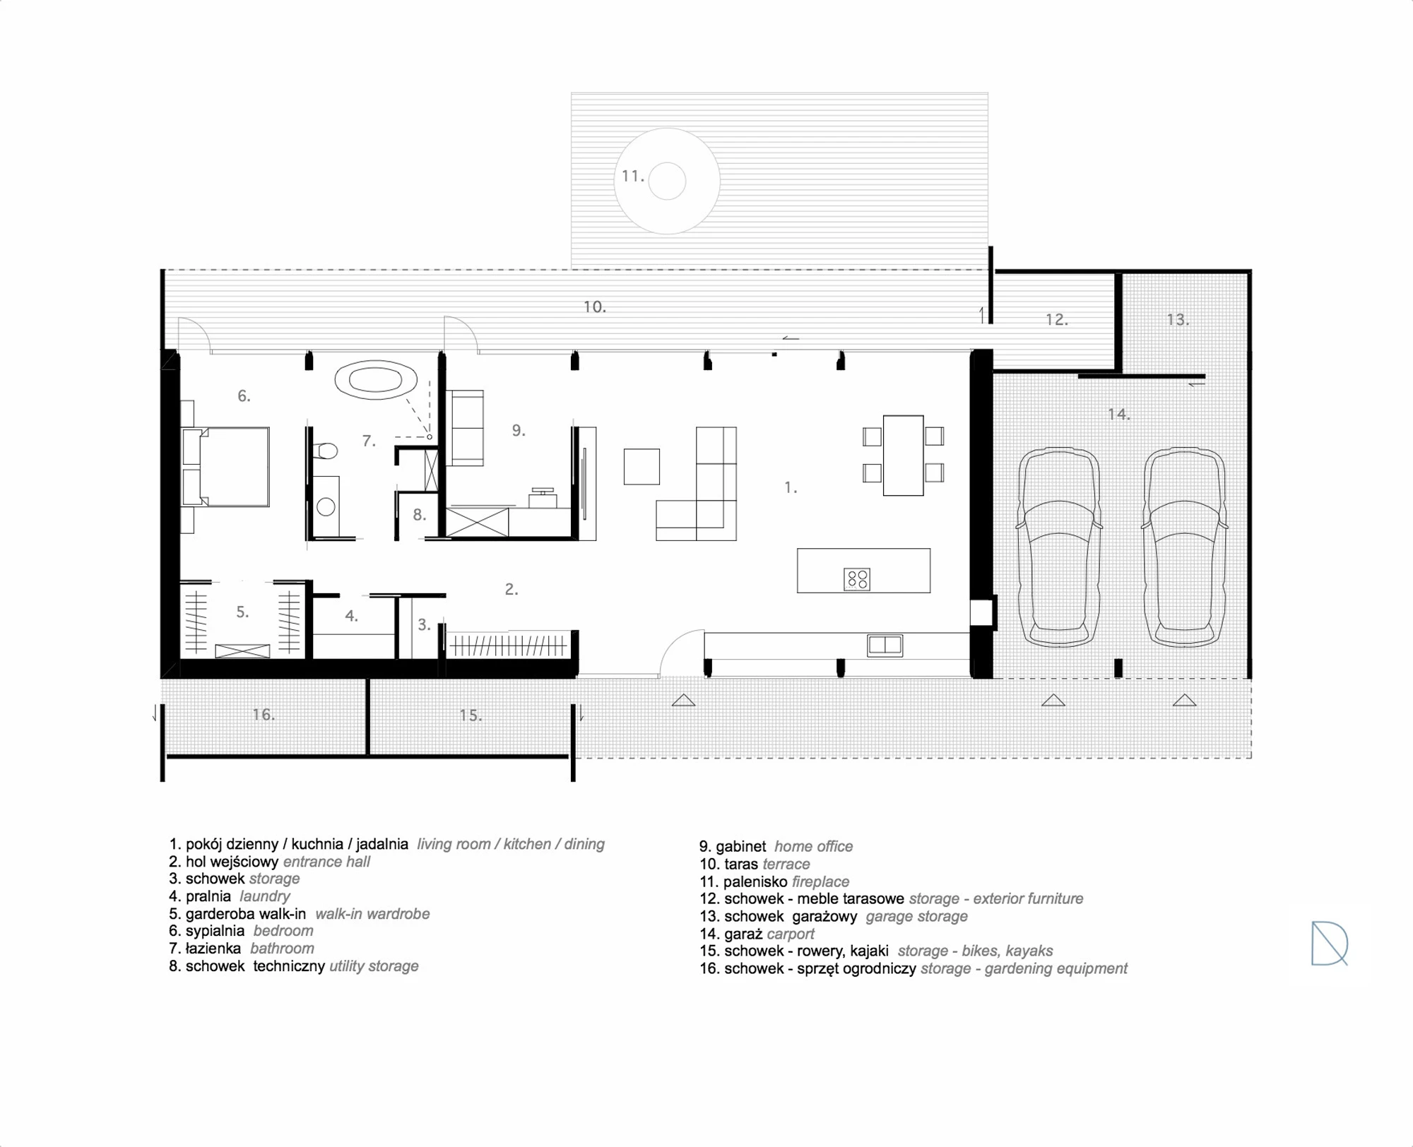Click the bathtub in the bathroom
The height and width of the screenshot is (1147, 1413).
[376, 380]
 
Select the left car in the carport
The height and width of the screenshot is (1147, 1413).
[1058, 547]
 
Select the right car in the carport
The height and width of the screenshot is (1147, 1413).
[1184, 547]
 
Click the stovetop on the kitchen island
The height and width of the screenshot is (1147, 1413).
[857, 580]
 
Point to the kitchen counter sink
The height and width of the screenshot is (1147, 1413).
[885, 645]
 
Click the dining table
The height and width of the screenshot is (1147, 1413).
[903, 456]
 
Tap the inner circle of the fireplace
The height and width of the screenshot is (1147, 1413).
[667, 181]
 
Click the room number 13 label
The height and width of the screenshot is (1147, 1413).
[1178, 320]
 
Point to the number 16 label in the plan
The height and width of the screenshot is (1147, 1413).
[264, 715]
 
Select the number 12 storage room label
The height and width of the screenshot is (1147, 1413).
[1057, 320]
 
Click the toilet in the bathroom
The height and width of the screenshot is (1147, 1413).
[325, 451]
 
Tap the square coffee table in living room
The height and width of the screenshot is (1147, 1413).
[642, 467]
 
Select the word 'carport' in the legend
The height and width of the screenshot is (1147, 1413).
[791, 934]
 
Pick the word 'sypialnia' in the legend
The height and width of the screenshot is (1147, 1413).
[215, 931]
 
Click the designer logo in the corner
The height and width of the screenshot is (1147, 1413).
[1330, 943]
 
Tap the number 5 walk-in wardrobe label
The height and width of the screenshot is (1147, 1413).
[242, 612]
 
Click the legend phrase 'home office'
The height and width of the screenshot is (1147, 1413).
[814, 846]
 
